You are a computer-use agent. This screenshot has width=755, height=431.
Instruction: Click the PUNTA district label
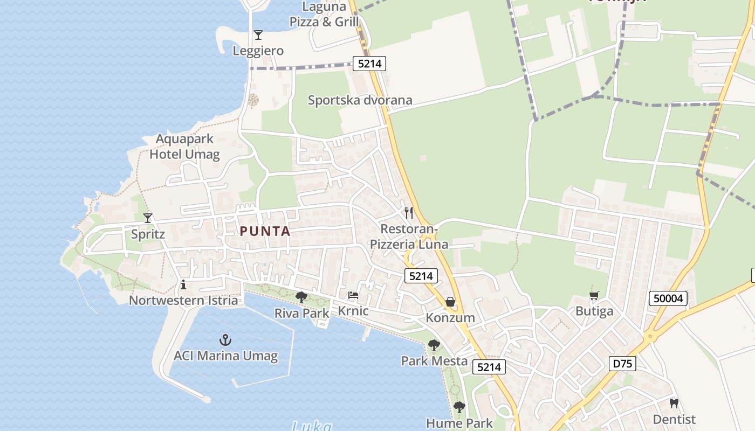coord(265,232)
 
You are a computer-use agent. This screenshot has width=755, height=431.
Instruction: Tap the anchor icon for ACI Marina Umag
coord(225,340)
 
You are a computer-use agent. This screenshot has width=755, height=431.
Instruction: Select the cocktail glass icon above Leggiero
coord(258,35)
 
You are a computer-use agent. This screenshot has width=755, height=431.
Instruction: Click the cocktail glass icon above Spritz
coord(148,218)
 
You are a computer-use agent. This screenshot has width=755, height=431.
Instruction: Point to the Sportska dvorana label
coord(360,100)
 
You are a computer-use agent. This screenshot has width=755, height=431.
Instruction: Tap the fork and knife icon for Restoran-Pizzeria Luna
coord(409,213)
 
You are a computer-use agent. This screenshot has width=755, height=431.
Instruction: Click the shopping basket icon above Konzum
coord(450,302)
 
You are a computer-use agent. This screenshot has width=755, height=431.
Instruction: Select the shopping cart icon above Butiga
coord(594,295)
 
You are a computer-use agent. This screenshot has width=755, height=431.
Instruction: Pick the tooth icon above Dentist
coord(674,403)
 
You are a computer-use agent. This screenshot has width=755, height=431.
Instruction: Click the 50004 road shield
coord(668,298)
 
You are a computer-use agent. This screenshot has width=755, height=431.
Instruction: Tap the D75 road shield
coord(623,364)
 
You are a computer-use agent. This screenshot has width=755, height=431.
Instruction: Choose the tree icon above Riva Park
coord(301,297)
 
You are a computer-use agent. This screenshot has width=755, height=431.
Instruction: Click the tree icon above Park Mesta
coord(434,345)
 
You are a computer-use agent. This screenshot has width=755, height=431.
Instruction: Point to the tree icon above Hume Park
coord(459,407)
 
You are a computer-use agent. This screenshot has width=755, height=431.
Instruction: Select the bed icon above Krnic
coord(353,295)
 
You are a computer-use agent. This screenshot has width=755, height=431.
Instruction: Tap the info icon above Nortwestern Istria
coord(183,284)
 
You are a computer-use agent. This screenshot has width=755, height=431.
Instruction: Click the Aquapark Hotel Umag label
coord(184,147)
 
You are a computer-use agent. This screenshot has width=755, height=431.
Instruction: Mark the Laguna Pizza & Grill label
coord(324,15)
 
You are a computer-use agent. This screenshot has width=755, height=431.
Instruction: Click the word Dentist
coord(674,419)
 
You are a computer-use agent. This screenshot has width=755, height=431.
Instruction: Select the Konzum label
coord(450,317)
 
